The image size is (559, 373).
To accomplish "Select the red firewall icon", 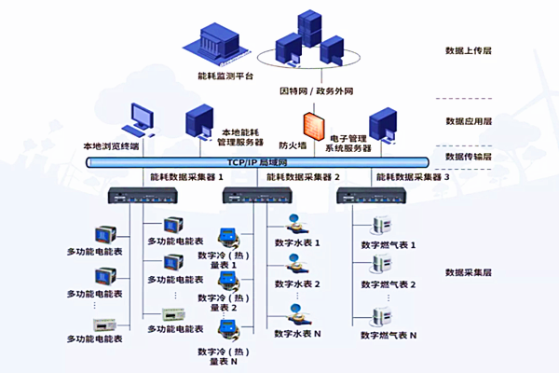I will [310, 127].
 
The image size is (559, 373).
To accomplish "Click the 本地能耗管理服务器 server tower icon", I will [198, 119].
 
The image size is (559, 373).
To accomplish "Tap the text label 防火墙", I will [293, 145].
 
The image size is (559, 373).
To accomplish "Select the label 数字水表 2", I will [298, 283].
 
